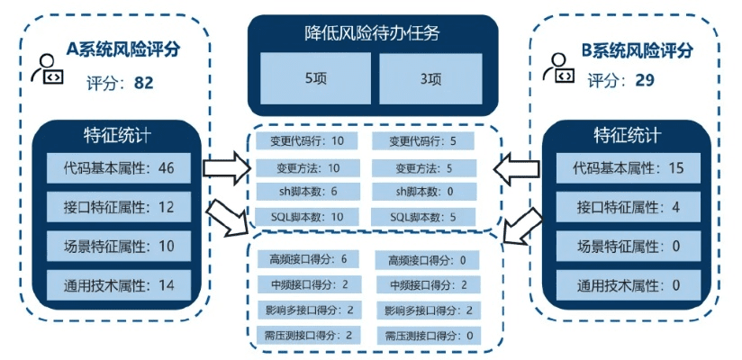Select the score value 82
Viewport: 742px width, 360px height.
(143, 83)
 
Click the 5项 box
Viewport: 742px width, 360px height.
(315, 78)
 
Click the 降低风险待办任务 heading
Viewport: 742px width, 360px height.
(372, 34)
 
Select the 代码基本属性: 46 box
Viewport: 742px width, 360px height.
(118, 168)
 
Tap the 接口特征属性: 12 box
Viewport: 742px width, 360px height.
(118, 207)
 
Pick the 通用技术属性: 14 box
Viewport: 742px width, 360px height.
(118, 285)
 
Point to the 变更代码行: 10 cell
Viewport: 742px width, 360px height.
(306, 141)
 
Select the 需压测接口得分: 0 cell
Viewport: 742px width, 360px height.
(427, 335)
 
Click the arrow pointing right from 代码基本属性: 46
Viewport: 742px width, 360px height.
(225, 168)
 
